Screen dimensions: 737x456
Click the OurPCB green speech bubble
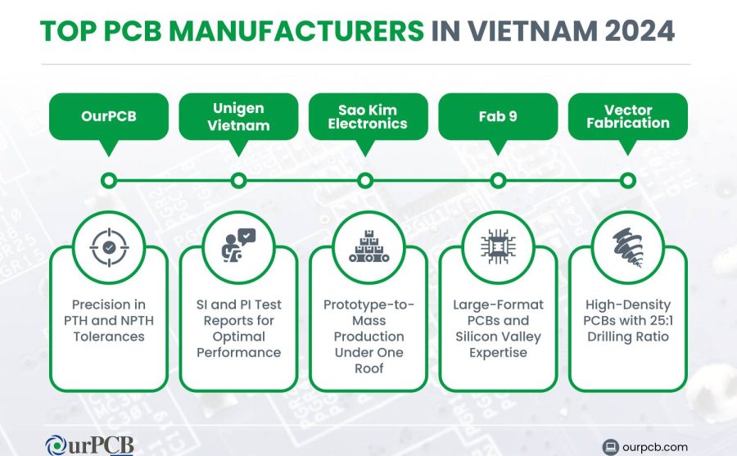pos(109,116)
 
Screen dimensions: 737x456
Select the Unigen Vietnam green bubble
pos(239,116)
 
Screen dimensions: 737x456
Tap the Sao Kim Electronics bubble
pos(368,116)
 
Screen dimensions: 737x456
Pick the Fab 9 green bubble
pos(498,116)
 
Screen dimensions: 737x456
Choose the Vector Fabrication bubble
pos(628,116)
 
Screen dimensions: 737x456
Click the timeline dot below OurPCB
pos(109,181)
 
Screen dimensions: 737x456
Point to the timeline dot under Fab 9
pos(498,181)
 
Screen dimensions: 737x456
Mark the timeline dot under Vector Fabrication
pos(628,181)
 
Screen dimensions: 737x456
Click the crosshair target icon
pos(109,247)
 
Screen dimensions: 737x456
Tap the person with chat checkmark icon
pos(238,246)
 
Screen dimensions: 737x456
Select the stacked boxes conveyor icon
pos(369,246)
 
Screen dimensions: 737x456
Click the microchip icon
pos(498,246)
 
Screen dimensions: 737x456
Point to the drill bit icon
pos(628,247)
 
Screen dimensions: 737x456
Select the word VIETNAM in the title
pos(532,31)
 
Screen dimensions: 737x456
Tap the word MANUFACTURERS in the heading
pos(296,31)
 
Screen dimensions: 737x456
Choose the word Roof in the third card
pos(369,368)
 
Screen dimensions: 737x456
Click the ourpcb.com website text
pos(655,447)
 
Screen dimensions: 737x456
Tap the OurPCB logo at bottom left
pos(89,445)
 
